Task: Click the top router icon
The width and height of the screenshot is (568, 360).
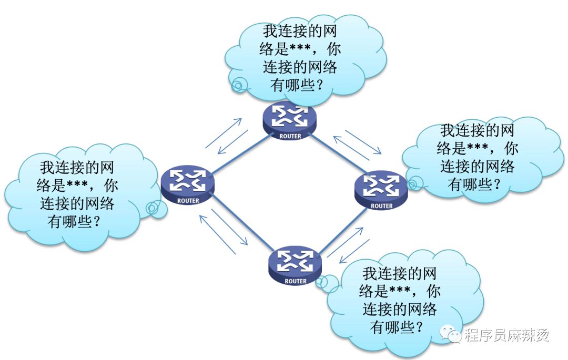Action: (289, 121)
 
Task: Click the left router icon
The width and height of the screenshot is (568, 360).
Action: (188, 184)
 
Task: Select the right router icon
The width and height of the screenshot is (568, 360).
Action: (381, 190)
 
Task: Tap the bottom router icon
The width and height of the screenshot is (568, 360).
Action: (295, 265)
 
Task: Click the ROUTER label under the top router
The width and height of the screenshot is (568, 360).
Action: (290, 137)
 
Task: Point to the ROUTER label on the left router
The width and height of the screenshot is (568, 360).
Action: (188, 201)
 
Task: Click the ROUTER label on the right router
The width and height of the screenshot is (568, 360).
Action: (381, 206)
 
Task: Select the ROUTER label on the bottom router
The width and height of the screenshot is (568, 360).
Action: (296, 281)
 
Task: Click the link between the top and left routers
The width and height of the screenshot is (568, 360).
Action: (241, 153)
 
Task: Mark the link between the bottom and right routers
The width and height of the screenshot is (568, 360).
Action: (343, 230)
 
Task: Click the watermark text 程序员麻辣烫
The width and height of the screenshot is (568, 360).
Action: (507, 335)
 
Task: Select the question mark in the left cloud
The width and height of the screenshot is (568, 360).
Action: (96, 220)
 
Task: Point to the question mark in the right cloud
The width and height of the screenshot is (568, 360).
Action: (496, 183)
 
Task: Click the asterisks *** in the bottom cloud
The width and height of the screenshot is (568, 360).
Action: (400, 289)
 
